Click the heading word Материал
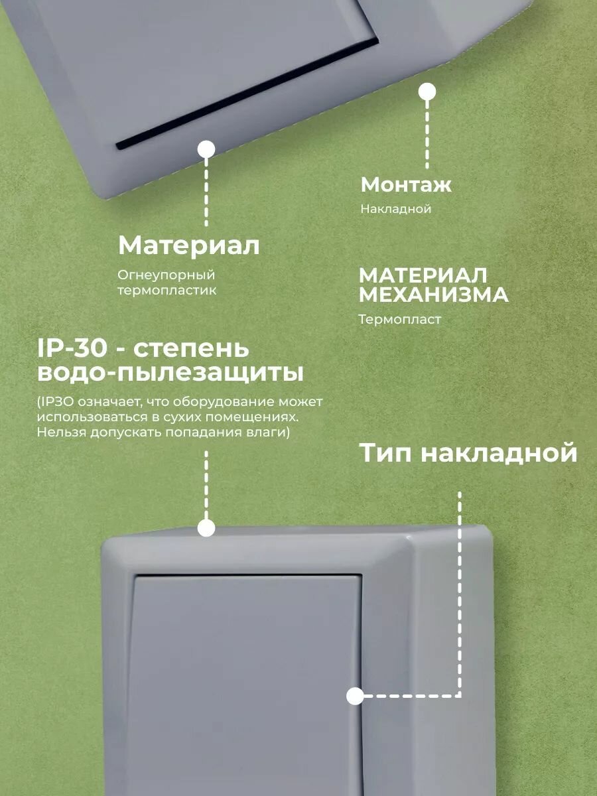click(x=188, y=246)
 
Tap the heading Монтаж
click(x=406, y=184)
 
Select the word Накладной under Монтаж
click(x=396, y=209)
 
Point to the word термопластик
click(x=167, y=291)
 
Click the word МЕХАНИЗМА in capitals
click(x=433, y=295)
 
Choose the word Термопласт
click(x=399, y=320)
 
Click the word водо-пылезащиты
click(x=170, y=373)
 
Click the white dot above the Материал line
click(x=208, y=149)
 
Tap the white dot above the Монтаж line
click(x=427, y=92)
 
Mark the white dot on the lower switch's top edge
click(x=207, y=528)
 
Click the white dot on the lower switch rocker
click(x=355, y=696)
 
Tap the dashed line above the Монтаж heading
click(x=427, y=133)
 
